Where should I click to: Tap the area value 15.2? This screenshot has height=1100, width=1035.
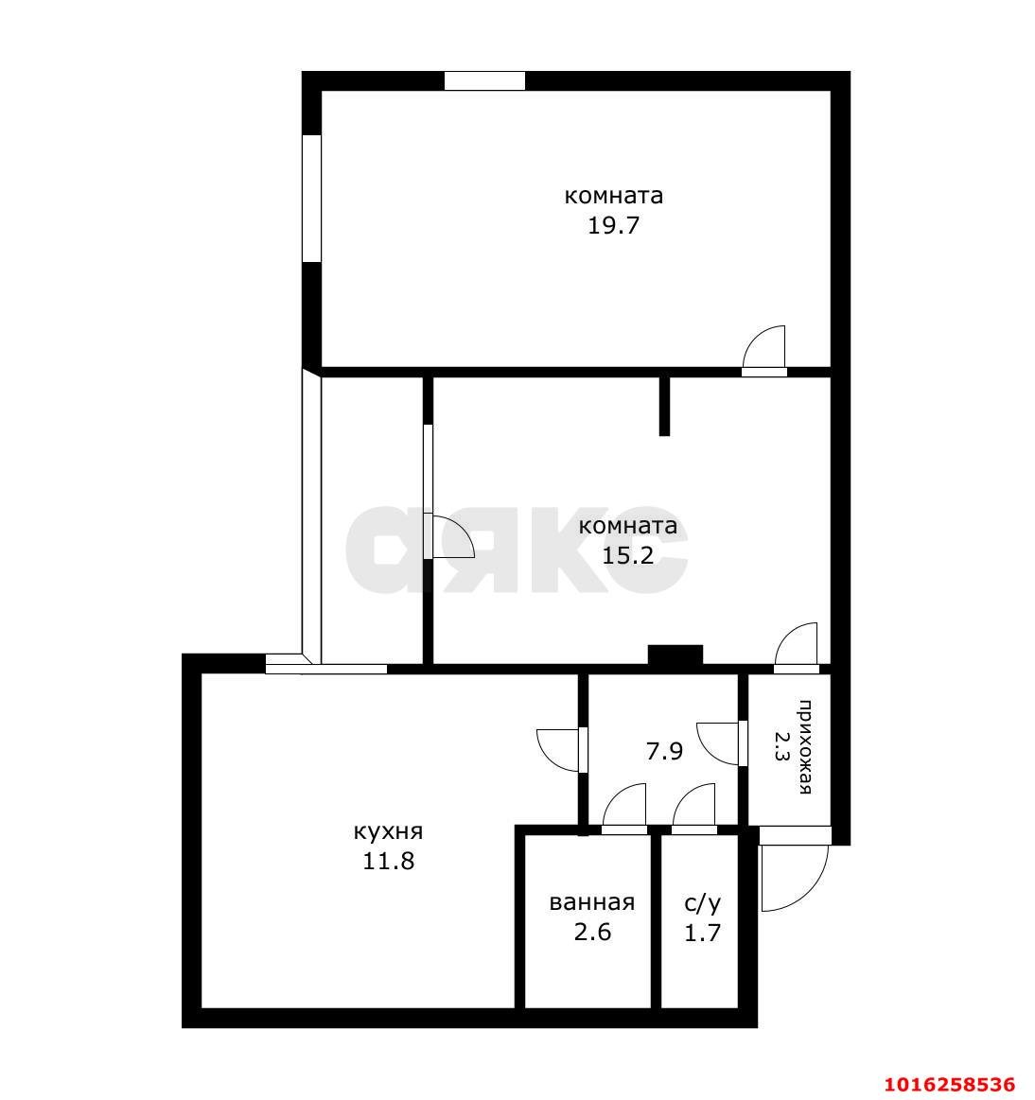[x=628, y=555]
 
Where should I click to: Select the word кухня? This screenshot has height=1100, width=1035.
[x=388, y=832]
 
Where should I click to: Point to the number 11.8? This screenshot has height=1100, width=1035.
[x=388, y=862]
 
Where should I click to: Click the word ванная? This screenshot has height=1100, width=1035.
[x=592, y=903]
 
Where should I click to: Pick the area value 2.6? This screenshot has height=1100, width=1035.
[x=592, y=932]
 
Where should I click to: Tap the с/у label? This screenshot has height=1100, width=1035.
[x=703, y=903]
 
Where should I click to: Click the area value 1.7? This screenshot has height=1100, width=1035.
[x=703, y=933]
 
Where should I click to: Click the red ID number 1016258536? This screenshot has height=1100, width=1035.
[x=948, y=1083]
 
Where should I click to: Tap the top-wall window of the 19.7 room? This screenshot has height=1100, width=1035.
[x=484, y=81]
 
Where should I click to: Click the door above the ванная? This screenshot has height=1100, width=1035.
[x=625, y=809]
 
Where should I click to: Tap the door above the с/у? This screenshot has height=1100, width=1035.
[x=695, y=809]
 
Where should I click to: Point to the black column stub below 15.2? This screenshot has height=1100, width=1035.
[x=675, y=655]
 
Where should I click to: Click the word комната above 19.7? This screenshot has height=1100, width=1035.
[x=613, y=197]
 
